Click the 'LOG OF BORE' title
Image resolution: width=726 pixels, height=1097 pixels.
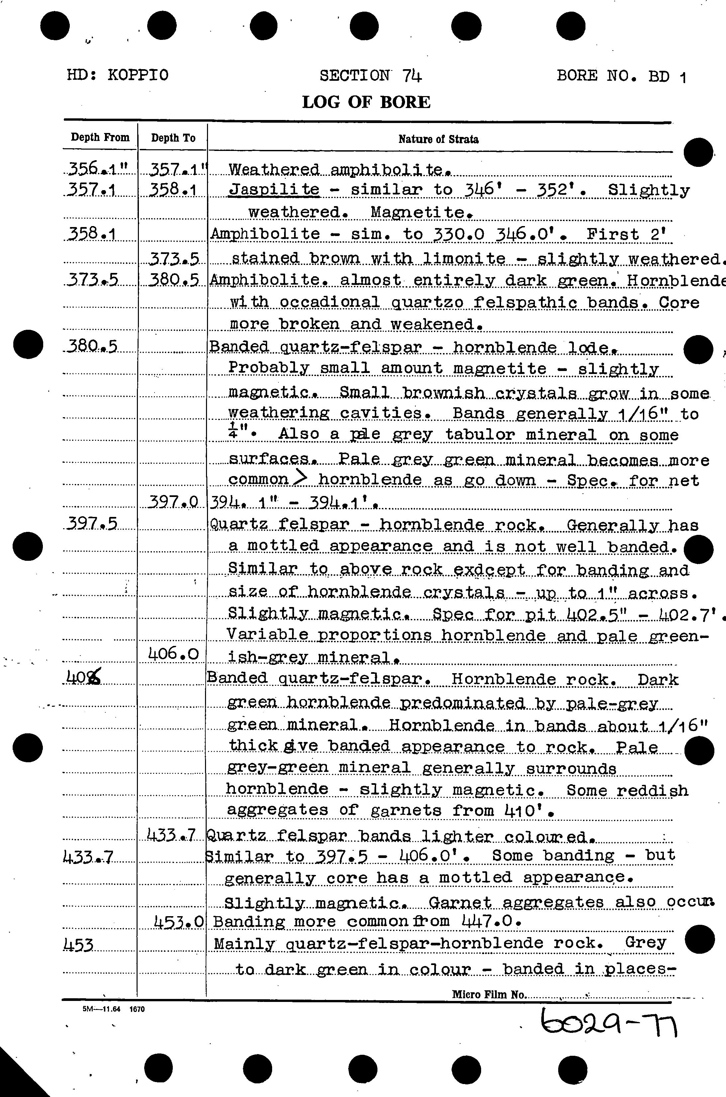(x=366, y=102)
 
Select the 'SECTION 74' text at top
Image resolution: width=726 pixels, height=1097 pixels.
(x=370, y=75)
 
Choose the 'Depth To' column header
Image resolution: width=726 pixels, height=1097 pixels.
(x=173, y=138)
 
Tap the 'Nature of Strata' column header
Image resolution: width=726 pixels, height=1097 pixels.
(x=438, y=139)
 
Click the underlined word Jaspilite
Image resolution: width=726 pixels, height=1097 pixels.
(x=274, y=189)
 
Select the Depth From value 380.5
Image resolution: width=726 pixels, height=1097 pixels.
(x=91, y=346)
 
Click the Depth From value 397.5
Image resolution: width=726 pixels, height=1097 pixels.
(x=92, y=524)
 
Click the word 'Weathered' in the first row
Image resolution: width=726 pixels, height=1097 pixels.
(x=274, y=170)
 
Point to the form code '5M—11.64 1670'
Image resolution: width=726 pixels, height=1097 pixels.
(x=113, y=1009)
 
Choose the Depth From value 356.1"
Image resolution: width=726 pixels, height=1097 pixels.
(x=98, y=170)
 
